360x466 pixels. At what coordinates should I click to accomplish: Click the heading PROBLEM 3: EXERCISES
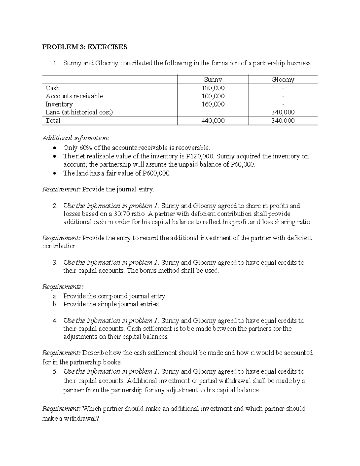click(x=85, y=47)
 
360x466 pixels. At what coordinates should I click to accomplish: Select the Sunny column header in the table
click(x=213, y=80)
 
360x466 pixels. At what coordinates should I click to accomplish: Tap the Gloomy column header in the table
click(x=283, y=80)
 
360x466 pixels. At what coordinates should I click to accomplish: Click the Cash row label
click(x=53, y=88)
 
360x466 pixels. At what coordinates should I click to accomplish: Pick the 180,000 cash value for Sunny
click(x=213, y=88)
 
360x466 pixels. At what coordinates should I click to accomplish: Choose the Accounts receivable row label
click(x=74, y=96)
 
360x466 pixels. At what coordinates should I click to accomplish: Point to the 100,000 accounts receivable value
click(x=213, y=96)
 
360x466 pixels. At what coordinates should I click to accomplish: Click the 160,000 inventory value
click(x=213, y=104)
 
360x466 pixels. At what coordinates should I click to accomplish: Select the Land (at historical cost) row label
click(x=79, y=112)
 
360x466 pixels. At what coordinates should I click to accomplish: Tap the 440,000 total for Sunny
click(x=213, y=121)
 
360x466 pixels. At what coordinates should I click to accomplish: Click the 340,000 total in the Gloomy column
click(x=283, y=121)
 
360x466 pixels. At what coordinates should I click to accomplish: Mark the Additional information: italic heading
click(x=76, y=138)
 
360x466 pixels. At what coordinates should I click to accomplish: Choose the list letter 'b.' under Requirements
click(x=55, y=304)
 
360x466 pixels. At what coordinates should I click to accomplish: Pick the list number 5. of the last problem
click(x=55, y=371)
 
